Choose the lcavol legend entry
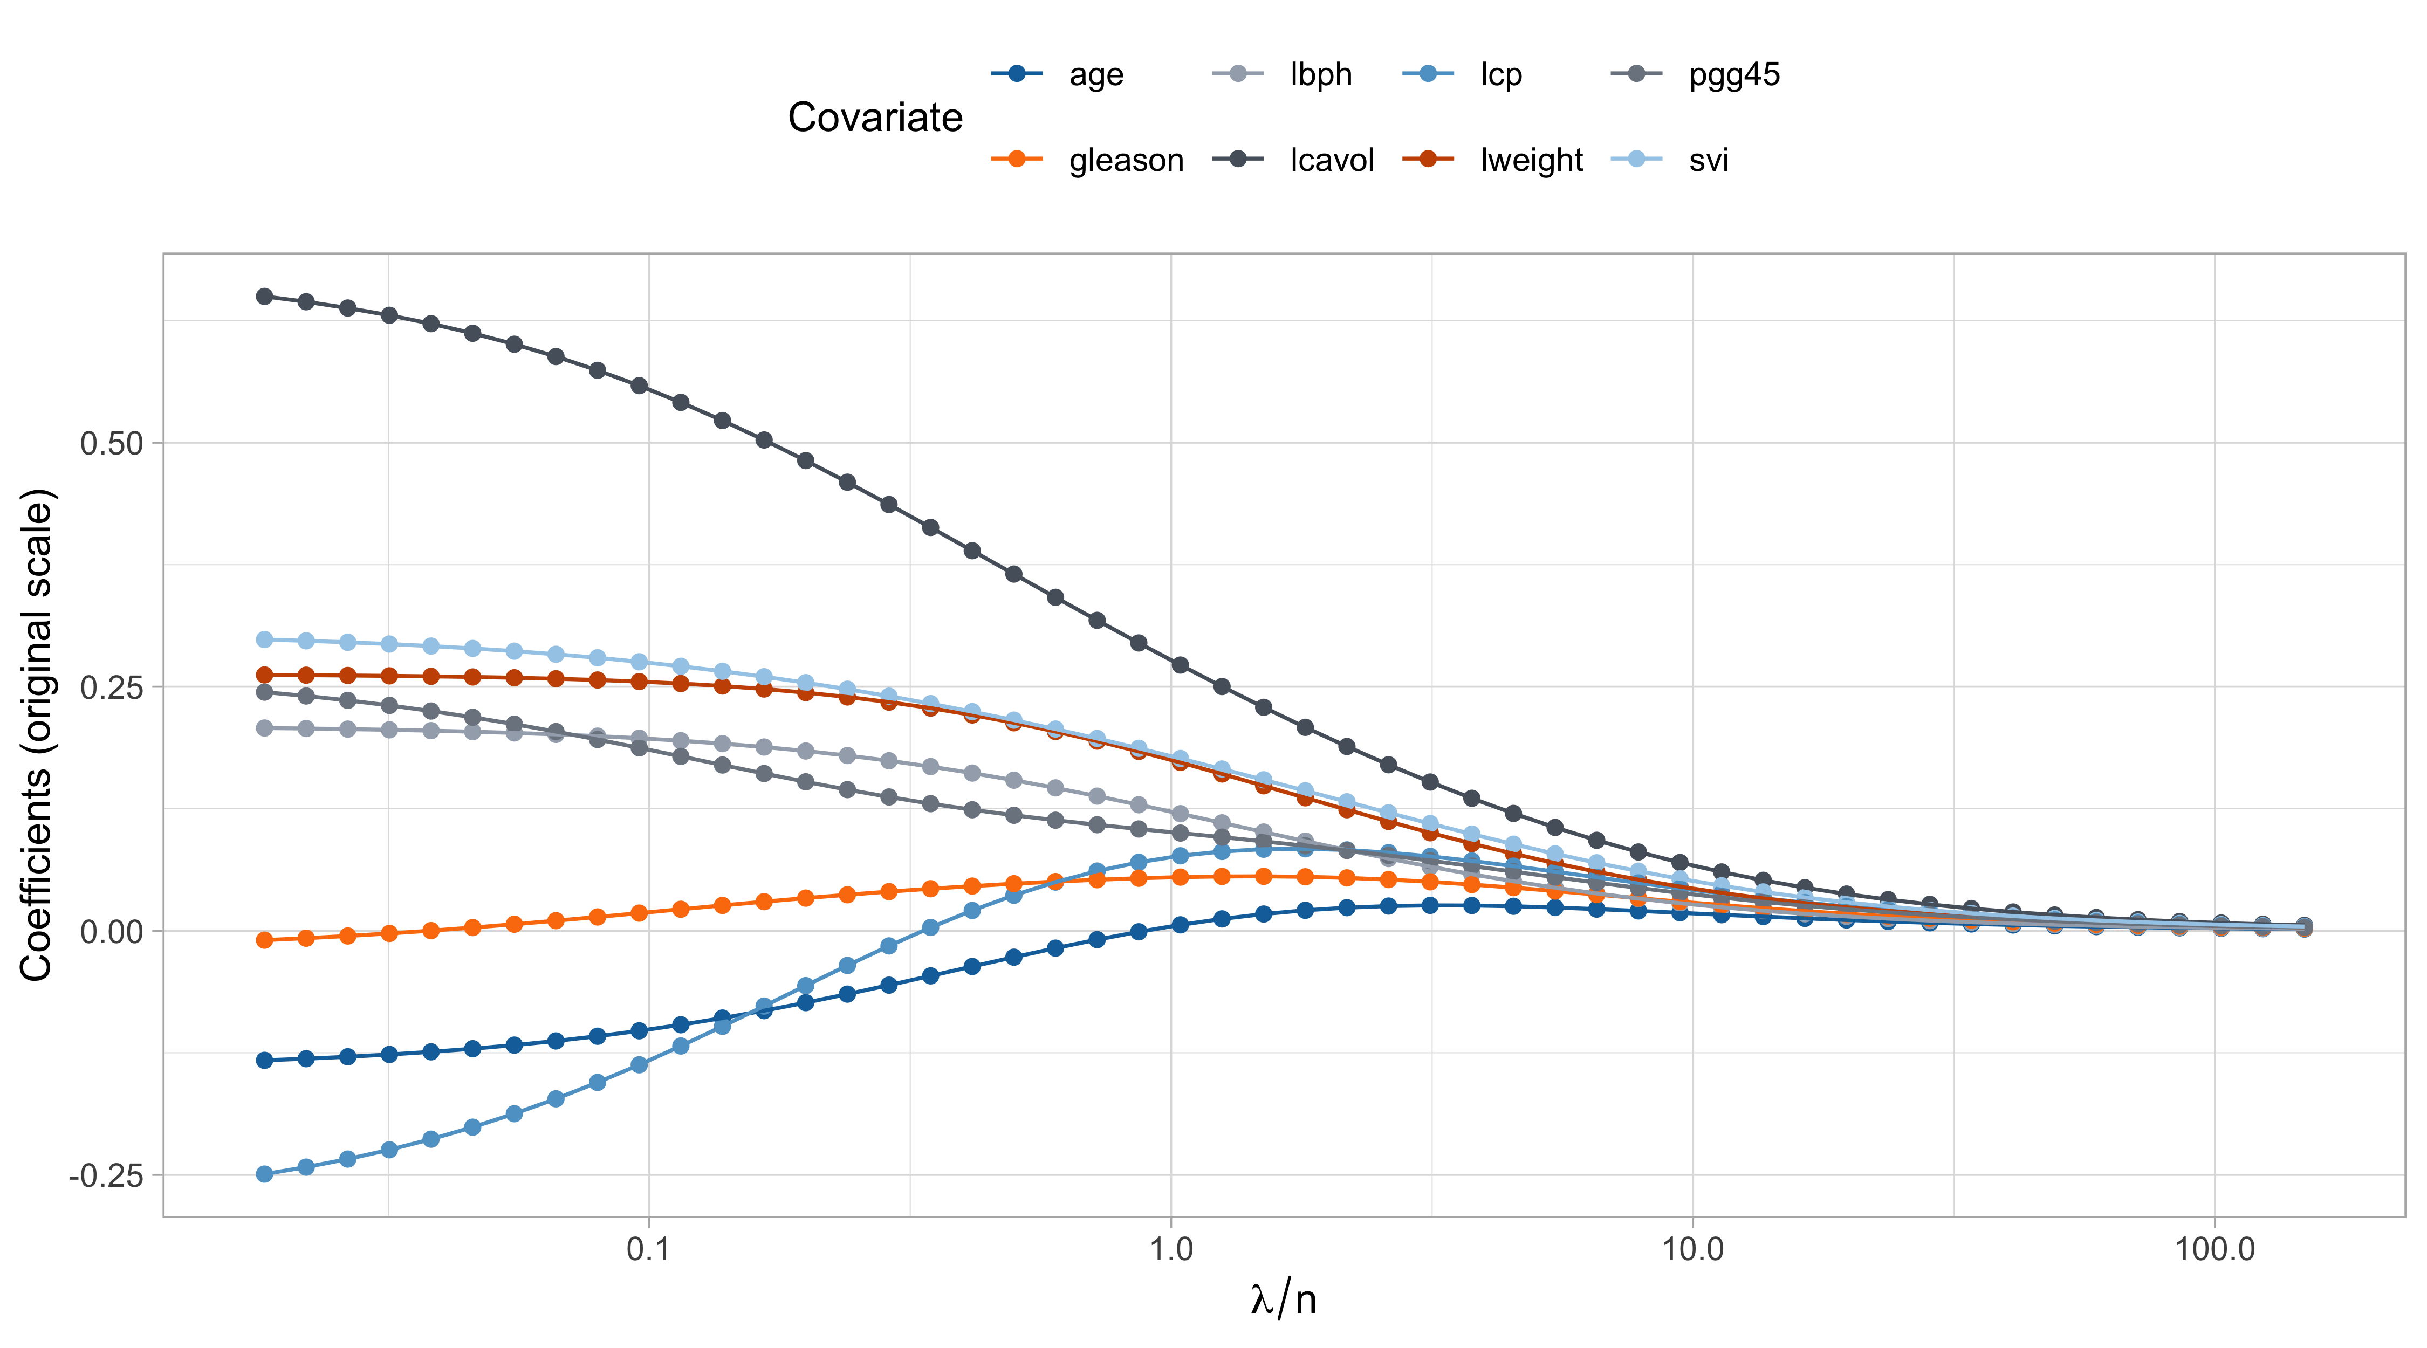point(1331,160)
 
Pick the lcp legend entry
point(1501,74)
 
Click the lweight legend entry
point(1531,160)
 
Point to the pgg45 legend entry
point(1733,74)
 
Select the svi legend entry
point(1708,160)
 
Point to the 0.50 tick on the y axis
point(111,443)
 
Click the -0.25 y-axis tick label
point(106,1175)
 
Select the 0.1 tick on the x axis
point(648,1250)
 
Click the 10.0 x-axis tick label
point(1692,1250)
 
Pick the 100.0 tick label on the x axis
point(2214,1250)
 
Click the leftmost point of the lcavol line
point(265,297)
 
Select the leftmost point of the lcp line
point(265,1174)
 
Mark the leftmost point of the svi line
point(265,639)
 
